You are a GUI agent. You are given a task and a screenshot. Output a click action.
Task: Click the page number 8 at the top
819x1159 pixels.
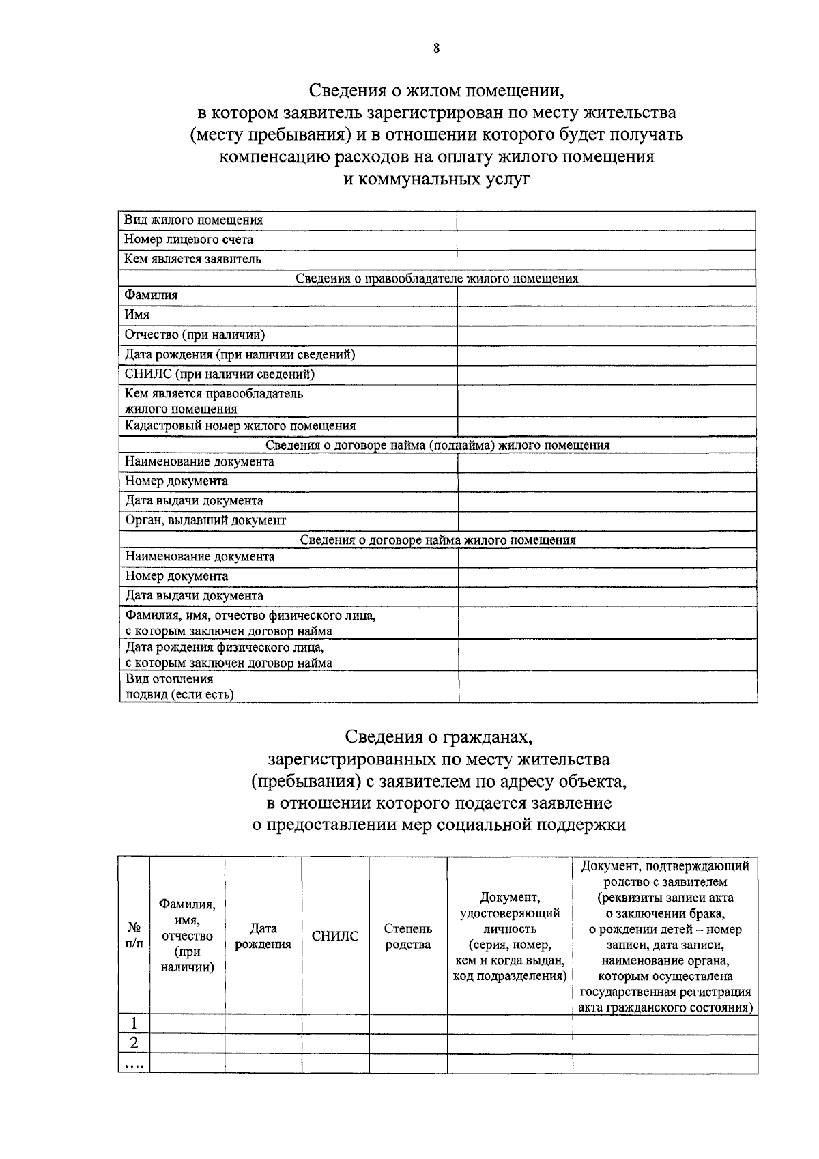pos(436,48)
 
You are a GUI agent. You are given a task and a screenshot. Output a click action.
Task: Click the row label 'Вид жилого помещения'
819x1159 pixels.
pos(193,220)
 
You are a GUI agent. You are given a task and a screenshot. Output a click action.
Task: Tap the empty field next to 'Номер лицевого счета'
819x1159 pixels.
pos(605,240)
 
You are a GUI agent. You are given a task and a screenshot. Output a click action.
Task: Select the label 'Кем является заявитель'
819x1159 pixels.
pos(192,259)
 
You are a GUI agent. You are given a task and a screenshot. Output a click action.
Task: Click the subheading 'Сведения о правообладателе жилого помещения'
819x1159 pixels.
pos(437,278)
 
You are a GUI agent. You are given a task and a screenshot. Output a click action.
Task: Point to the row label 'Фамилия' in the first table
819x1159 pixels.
pos(151,295)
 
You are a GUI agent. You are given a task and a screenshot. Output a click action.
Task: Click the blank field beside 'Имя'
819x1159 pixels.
pos(605,315)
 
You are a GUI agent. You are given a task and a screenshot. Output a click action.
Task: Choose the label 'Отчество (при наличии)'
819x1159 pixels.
pos(195,334)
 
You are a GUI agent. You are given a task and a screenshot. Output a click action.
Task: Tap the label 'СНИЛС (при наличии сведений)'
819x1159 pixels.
pos(219,374)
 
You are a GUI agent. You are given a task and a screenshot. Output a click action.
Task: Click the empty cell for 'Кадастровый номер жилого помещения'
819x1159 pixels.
pos(605,427)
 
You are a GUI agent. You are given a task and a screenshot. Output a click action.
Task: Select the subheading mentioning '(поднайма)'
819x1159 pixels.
pos(437,445)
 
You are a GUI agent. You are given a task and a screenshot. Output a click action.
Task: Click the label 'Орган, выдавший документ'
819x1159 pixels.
pos(205,520)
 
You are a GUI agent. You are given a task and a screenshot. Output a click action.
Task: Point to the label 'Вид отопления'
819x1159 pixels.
pos(169,679)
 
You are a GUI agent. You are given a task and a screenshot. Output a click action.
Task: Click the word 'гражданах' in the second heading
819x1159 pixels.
pos(487,737)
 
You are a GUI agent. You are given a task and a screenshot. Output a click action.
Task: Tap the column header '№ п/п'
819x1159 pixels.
pos(134,936)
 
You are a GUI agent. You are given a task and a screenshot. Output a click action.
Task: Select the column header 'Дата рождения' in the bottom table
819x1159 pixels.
pos(263,936)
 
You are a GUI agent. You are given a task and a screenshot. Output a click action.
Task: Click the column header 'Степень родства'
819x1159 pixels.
pos(408,936)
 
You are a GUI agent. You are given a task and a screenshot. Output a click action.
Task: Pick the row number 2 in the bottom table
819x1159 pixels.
pos(134,1044)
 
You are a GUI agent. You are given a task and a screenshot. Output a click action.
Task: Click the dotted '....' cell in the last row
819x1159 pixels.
pos(134,1064)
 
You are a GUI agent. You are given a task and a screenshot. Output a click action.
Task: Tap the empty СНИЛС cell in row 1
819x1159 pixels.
pos(335,1024)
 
